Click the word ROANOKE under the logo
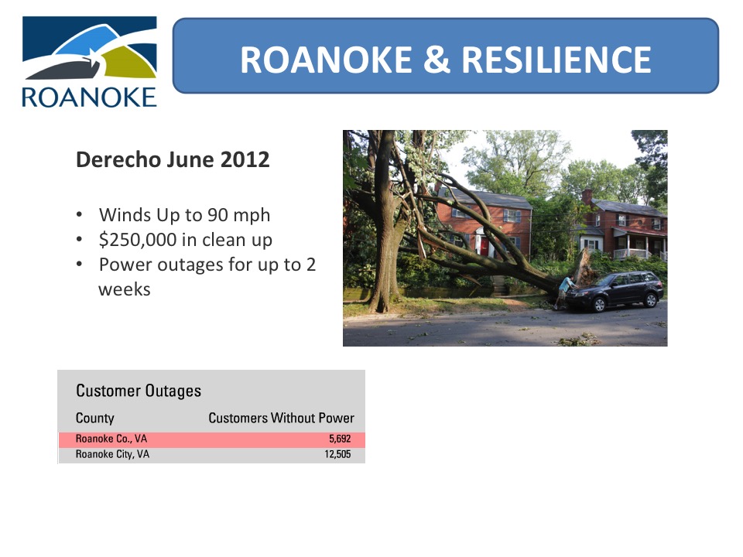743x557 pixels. coord(89,97)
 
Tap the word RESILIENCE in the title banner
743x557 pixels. coord(556,60)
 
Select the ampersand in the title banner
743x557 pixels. coord(437,60)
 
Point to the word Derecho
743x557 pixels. coord(118,159)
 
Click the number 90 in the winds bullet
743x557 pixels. coord(217,215)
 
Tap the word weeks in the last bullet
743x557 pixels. coord(124,289)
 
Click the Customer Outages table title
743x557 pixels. coord(139,391)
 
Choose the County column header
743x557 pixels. coord(94,418)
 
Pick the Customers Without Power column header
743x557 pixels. coord(281,418)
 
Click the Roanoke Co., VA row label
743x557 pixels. coord(111,439)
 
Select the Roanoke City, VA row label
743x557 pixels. coord(112,454)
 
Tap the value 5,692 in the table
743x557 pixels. coord(340,439)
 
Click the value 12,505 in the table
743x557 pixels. coord(337,454)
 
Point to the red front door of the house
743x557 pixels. coord(484,246)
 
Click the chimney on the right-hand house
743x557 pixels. coord(587,196)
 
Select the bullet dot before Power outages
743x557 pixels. coord(79,265)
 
